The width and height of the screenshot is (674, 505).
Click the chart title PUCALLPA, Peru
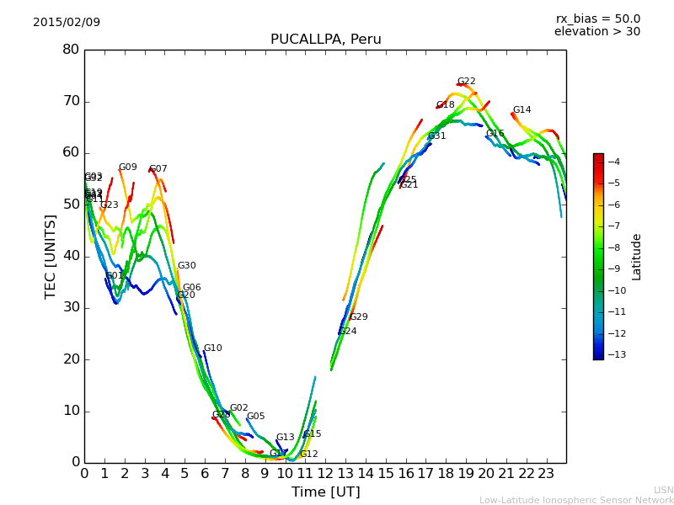[x=325, y=40]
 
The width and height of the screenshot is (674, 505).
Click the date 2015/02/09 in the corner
[x=67, y=22]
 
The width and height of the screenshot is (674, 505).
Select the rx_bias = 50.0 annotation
[x=597, y=19]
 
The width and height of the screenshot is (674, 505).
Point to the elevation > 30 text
[x=596, y=32]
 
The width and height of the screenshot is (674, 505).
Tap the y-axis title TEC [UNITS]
[x=51, y=257]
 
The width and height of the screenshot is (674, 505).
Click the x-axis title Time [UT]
[x=325, y=492]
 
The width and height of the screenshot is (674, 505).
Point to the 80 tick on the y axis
[x=71, y=50]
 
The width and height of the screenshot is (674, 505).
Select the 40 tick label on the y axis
[x=71, y=256]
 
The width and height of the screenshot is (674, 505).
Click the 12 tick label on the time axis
[x=325, y=474]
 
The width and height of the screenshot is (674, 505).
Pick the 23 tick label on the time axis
[x=546, y=474]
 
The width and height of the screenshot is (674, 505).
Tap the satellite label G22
[x=467, y=82]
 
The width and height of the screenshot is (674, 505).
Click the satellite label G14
[x=522, y=110]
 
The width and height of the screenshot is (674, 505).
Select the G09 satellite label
[x=128, y=167]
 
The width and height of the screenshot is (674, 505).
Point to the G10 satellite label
[x=213, y=348]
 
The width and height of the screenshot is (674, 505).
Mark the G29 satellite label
[x=359, y=317]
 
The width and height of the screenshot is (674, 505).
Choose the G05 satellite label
[x=256, y=417]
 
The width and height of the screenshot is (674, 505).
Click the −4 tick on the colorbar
[x=613, y=162]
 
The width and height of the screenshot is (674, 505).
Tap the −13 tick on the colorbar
[x=614, y=354]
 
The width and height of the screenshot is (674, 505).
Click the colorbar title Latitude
[x=637, y=257]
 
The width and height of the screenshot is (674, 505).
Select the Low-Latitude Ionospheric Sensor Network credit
[x=576, y=500]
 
